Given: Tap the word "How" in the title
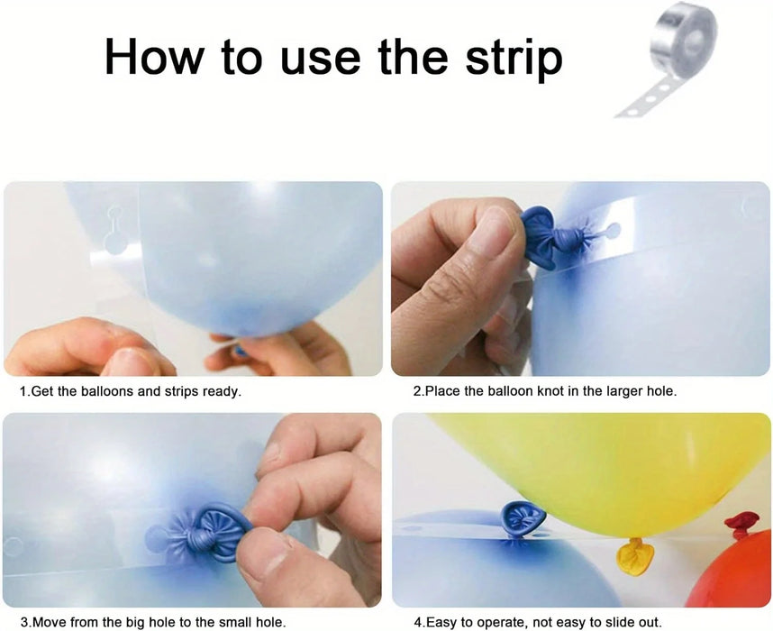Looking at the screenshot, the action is click(154, 56).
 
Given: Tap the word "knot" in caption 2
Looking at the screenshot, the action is click(550, 391).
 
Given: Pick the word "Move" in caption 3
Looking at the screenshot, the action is click(48, 622).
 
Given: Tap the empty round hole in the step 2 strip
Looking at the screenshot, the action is click(613, 229).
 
